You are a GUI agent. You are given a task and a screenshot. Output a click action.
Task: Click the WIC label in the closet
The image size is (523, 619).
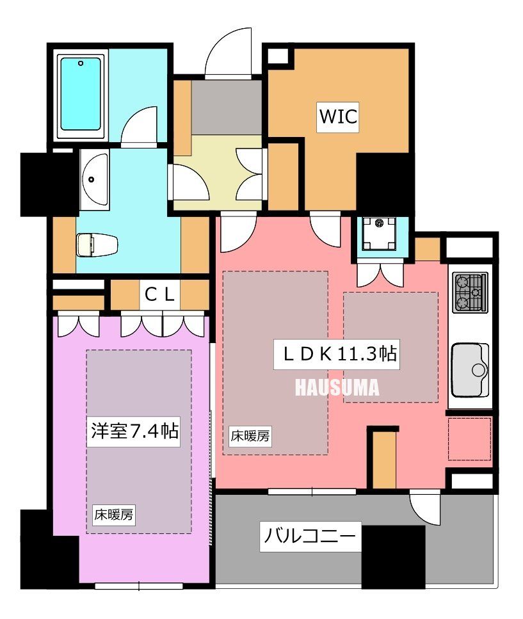pyautogui.click(x=338, y=118)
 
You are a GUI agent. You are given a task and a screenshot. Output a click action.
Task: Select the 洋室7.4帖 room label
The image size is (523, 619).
pyautogui.click(x=133, y=431)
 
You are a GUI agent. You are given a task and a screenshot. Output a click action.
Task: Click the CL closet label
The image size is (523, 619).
pyautogui.click(x=159, y=295)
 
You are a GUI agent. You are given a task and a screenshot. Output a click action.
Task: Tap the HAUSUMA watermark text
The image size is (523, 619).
pyautogui.click(x=337, y=388)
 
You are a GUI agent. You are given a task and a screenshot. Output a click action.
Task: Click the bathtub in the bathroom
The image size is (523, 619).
pyautogui.click(x=81, y=95)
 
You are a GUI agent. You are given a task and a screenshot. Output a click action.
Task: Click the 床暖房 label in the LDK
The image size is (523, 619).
pyautogui.click(x=250, y=437)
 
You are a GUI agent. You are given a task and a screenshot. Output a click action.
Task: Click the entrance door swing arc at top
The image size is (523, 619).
pyautogui.click(x=228, y=51)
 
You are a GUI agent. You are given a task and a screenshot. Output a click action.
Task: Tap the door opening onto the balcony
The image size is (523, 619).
pyautogui.click(x=424, y=506)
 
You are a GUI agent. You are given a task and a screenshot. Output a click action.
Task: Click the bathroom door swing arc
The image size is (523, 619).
pyautogui.click(x=140, y=125)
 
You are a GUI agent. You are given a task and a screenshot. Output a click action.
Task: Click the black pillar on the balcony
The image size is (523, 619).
pyautogui.click(x=393, y=556)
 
